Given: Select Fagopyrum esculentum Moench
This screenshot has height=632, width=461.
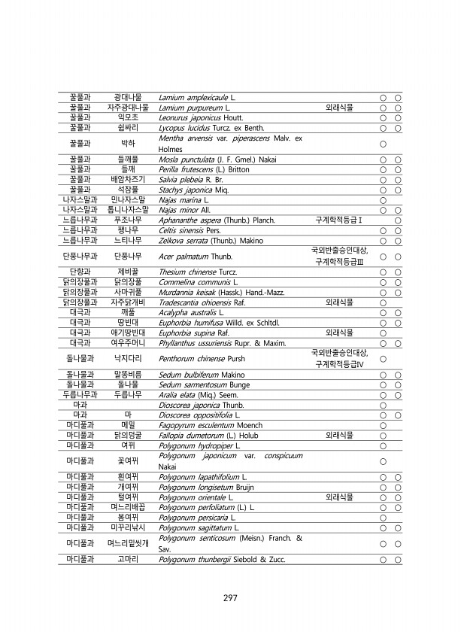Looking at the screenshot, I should [199, 425].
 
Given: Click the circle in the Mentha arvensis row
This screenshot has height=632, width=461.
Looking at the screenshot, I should [383, 143].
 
